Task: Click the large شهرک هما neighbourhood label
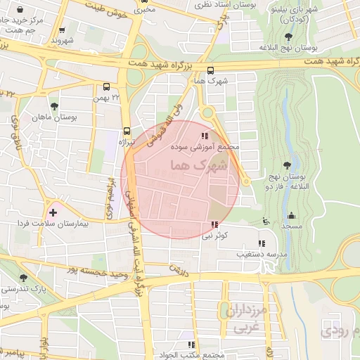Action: click(199, 165)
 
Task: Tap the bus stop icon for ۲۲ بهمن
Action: click(106, 88)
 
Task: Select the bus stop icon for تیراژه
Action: click(127, 131)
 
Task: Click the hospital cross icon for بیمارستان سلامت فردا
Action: click(53, 212)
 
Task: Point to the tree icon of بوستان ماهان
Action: click(54, 106)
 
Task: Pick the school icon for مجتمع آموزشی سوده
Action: click(205, 136)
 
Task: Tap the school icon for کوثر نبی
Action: click(213, 225)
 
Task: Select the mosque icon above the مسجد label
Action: click(292, 216)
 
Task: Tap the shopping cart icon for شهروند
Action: click(63, 30)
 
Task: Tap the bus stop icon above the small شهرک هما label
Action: click(212, 70)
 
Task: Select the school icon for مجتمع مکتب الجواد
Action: click(191, 345)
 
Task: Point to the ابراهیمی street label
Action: click(110, 197)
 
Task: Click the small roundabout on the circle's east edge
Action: click(245, 182)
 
